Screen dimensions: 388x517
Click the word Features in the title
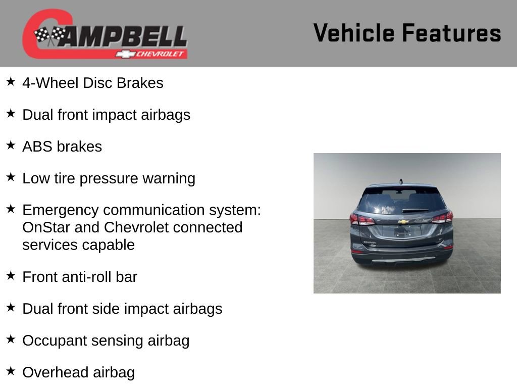[x=451, y=33]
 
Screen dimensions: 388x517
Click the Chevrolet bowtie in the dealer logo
[x=124, y=54]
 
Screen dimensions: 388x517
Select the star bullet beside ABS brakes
[x=11, y=145]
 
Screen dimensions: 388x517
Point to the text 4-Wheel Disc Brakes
[x=93, y=83]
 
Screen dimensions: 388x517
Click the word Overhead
[x=48, y=373]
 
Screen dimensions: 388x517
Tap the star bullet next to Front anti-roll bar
[x=11, y=275]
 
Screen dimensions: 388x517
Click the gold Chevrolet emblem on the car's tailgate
[x=403, y=222]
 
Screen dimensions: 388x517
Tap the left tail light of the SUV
[x=361, y=219]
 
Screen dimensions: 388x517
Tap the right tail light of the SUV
[x=443, y=218]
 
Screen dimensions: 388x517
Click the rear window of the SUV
[x=401, y=201]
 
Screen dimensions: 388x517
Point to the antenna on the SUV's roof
[x=401, y=180]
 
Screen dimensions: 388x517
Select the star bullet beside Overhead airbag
[x=11, y=371]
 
